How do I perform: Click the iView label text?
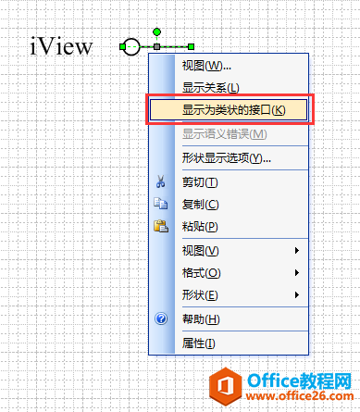point(61,44)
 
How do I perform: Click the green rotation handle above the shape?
point(157,31)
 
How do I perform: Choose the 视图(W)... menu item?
point(206,66)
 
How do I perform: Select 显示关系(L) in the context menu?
point(210,88)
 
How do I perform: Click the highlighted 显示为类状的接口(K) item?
point(232,110)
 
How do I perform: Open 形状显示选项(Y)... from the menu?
point(226,157)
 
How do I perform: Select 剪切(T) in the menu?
point(200,182)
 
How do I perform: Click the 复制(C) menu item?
point(200,205)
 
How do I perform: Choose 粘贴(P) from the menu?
point(200,227)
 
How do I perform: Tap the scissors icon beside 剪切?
point(160,182)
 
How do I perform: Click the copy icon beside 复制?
point(160,205)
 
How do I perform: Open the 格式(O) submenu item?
point(202,273)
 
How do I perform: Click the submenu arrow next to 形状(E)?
point(297,295)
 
